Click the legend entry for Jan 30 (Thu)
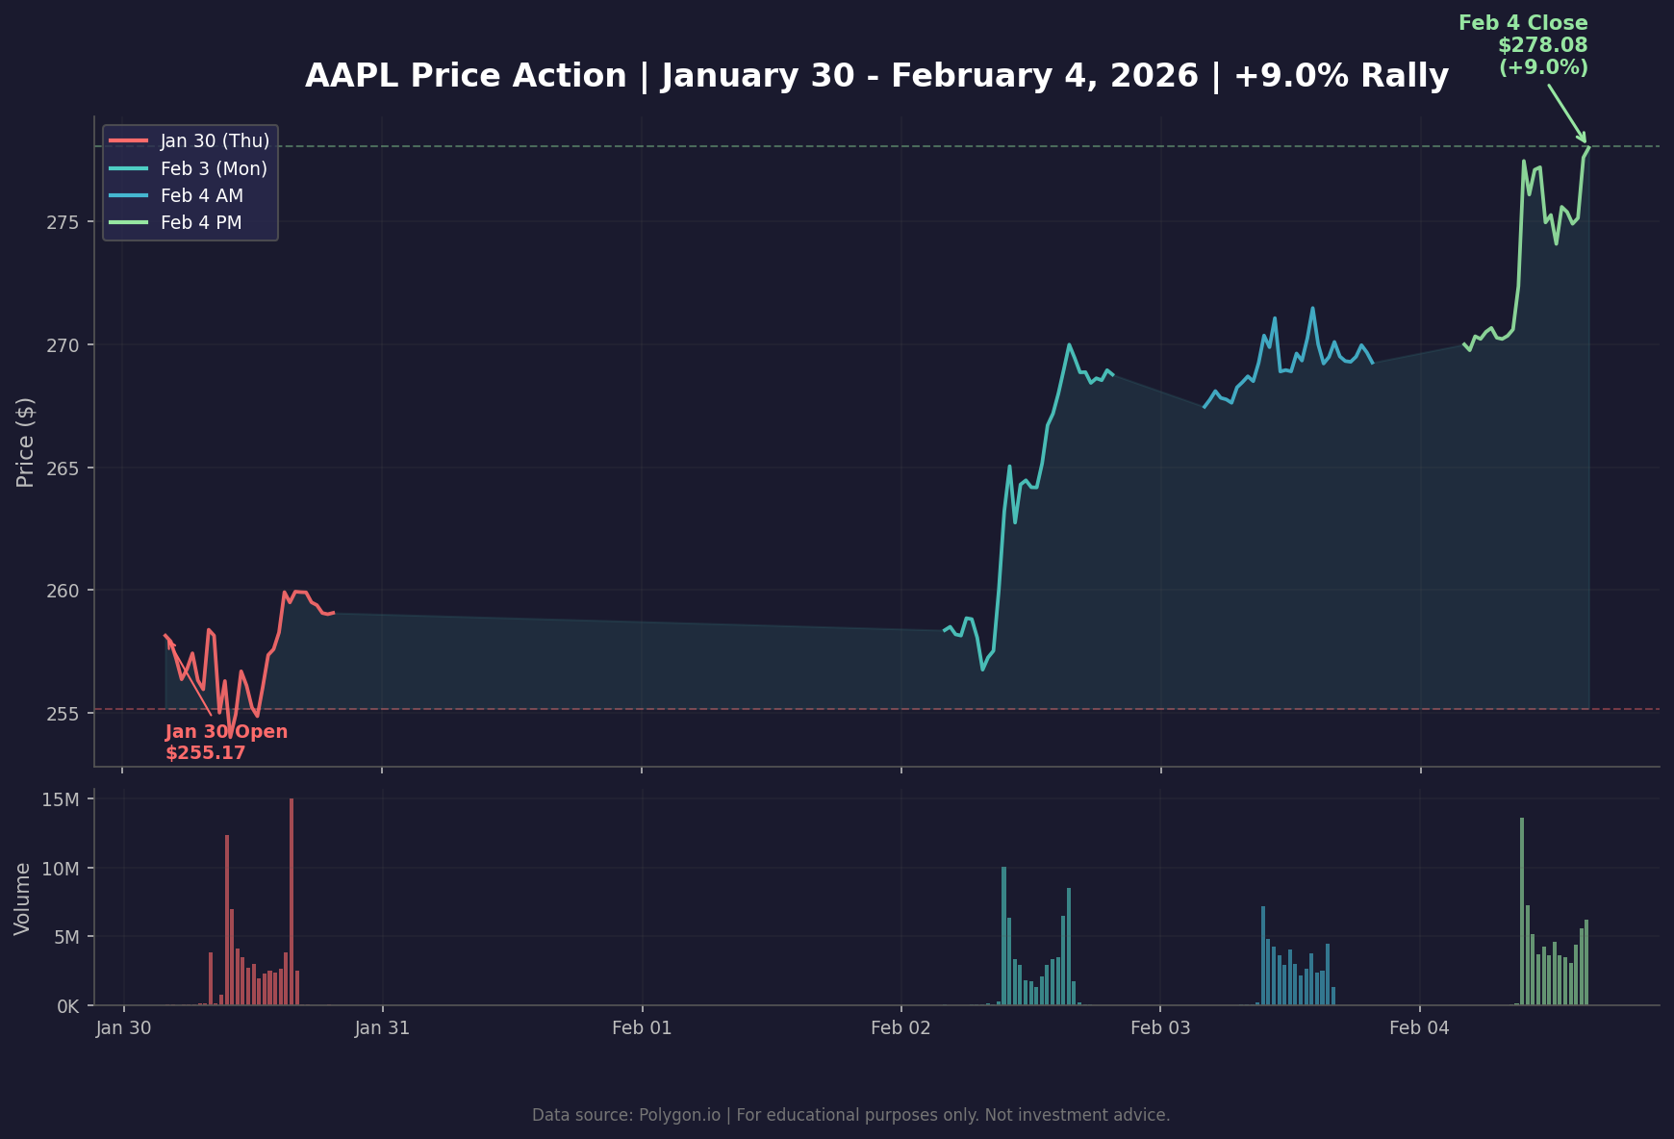[x=214, y=141]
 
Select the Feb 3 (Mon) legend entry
[x=213, y=169]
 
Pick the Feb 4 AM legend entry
[x=201, y=196]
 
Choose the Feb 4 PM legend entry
[x=200, y=223]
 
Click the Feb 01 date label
[x=642, y=1028]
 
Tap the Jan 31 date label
[x=382, y=1028]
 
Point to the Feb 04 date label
[x=1419, y=1028]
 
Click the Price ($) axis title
[x=26, y=442]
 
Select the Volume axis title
[x=23, y=899]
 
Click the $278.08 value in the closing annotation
[x=1542, y=45]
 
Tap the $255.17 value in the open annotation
[x=205, y=753]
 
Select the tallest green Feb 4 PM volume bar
[x=1522, y=911]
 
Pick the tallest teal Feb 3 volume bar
[x=1003, y=935]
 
